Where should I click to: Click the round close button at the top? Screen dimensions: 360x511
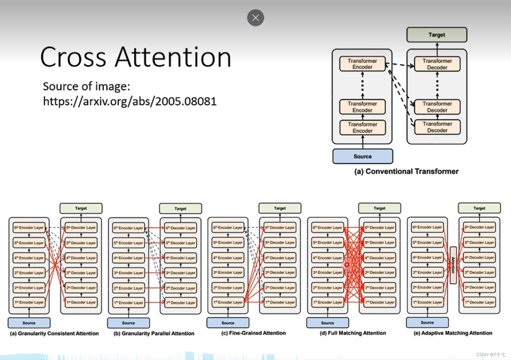(255, 18)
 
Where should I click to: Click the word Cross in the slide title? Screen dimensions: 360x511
(73, 57)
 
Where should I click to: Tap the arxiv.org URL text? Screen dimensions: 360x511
(129, 102)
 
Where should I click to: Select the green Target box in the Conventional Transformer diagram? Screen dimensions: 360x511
(437, 35)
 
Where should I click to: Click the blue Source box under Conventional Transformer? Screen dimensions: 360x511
(363, 156)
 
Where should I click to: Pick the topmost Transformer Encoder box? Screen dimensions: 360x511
(362, 64)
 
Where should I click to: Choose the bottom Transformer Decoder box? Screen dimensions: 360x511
(437, 127)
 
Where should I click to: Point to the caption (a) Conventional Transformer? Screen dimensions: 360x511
(406, 171)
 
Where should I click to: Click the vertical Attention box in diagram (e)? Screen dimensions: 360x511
(453, 265)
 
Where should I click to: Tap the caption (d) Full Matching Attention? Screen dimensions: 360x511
(353, 333)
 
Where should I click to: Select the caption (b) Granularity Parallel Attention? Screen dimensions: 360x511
(154, 334)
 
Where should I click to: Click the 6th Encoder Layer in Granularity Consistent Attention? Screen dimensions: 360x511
(29, 227)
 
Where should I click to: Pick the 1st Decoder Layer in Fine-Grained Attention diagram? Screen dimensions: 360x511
(280, 302)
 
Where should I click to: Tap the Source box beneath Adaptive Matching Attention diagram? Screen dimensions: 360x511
(427, 323)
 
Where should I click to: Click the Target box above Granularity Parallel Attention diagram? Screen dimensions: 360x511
(180, 209)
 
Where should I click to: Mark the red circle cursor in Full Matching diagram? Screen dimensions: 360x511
(347, 264)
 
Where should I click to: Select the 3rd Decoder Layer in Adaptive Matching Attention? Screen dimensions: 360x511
(479, 272)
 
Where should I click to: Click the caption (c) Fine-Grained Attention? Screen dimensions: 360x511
(254, 333)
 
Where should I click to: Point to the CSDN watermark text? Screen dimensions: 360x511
(491, 355)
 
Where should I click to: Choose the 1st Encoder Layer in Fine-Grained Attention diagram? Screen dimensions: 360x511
(228, 302)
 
